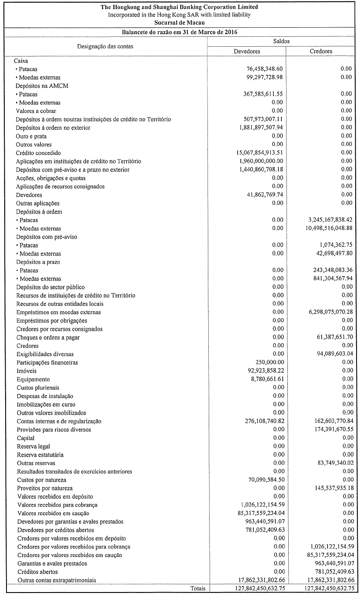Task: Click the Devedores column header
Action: [247, 51]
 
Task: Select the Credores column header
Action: [321, 51]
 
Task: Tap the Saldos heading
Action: [281, 41]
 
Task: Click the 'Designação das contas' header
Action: [105, 46]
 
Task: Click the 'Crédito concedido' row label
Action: [38, 153]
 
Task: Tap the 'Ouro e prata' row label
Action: [31, 136]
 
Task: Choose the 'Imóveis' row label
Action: [26, 371]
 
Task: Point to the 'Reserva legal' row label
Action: [33, 446]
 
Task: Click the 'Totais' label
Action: [198, 588]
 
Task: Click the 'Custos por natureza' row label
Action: [41, 480]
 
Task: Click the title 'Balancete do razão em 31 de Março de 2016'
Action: [179, 32]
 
